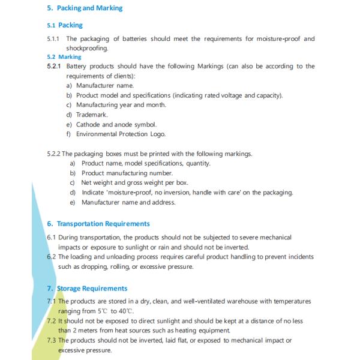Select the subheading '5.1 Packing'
click(x=65, y=25)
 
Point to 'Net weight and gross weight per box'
click(x=136, y=183)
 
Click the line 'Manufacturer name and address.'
click(x=128, y=202)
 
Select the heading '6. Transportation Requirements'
click(x=98, y=224)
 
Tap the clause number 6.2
click(x=52, y=257)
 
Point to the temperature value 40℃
click(x=124, y=311)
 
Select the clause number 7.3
click(x=52, y=340)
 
